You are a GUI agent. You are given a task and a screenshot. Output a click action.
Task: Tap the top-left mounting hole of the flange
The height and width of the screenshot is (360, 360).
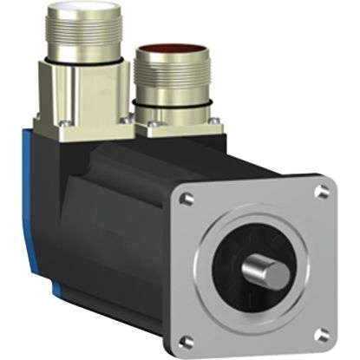pos(185,199)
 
